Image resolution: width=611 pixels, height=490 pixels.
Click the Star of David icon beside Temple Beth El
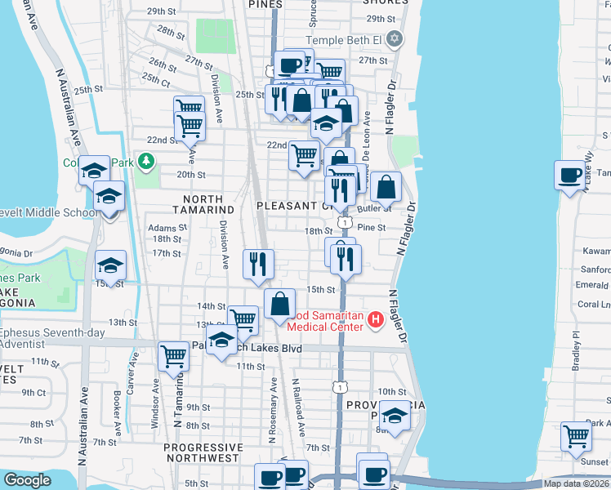click(395, 39)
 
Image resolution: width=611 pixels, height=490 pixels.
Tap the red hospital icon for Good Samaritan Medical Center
click(376, 318)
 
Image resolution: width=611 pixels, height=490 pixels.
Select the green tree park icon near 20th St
click(145, 162)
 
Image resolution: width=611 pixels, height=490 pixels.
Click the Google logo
click(28, 480)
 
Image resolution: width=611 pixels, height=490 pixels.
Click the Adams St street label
click(163, 228)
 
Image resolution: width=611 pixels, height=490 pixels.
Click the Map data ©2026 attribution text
click(576, 483)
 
